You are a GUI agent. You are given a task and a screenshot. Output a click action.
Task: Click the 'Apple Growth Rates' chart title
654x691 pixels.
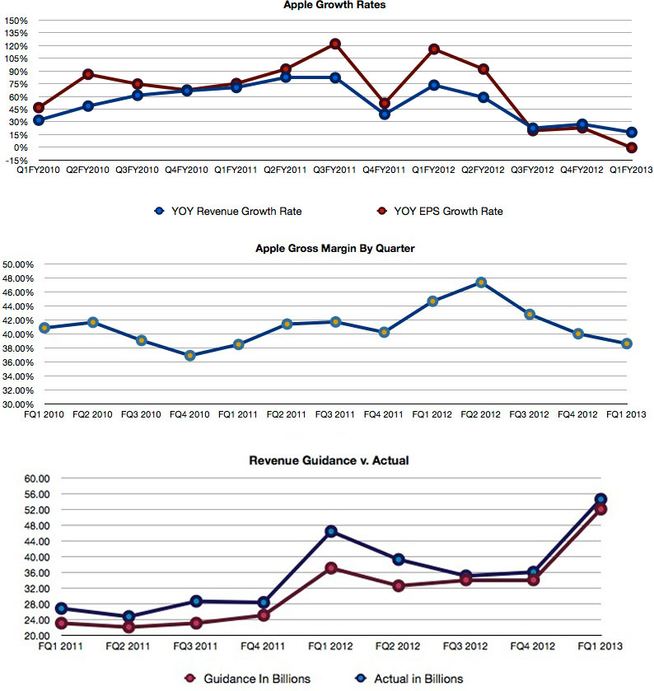pos(334,5)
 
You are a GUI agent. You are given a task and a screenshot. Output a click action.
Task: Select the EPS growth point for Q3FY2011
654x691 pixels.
pos(335,44)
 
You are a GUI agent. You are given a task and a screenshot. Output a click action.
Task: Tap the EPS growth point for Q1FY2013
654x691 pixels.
pos(631,147)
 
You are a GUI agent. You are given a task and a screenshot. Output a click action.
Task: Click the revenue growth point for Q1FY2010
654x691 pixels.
pos(39,120)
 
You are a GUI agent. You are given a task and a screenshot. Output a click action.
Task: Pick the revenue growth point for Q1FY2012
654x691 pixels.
pos(434,85)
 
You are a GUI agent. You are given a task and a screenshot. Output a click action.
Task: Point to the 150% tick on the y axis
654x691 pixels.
pos(16,20)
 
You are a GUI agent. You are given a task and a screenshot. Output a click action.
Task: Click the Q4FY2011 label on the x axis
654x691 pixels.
pos(384,169)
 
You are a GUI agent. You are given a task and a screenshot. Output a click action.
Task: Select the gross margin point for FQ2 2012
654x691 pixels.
pos(481,282)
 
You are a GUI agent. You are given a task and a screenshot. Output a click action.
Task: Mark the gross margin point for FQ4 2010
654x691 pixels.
pos(190,356)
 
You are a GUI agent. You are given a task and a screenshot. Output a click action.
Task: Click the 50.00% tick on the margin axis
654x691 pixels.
pos(19,264)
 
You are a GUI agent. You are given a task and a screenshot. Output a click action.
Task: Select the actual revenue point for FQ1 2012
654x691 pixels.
pos(330,531)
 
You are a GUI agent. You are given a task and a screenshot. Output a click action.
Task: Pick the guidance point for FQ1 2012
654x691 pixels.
pos(330,568)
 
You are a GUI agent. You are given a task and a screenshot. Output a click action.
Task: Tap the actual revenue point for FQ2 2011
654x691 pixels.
pos(128,616)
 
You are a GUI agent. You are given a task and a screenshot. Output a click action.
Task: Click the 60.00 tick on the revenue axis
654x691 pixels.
pos(40,478)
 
